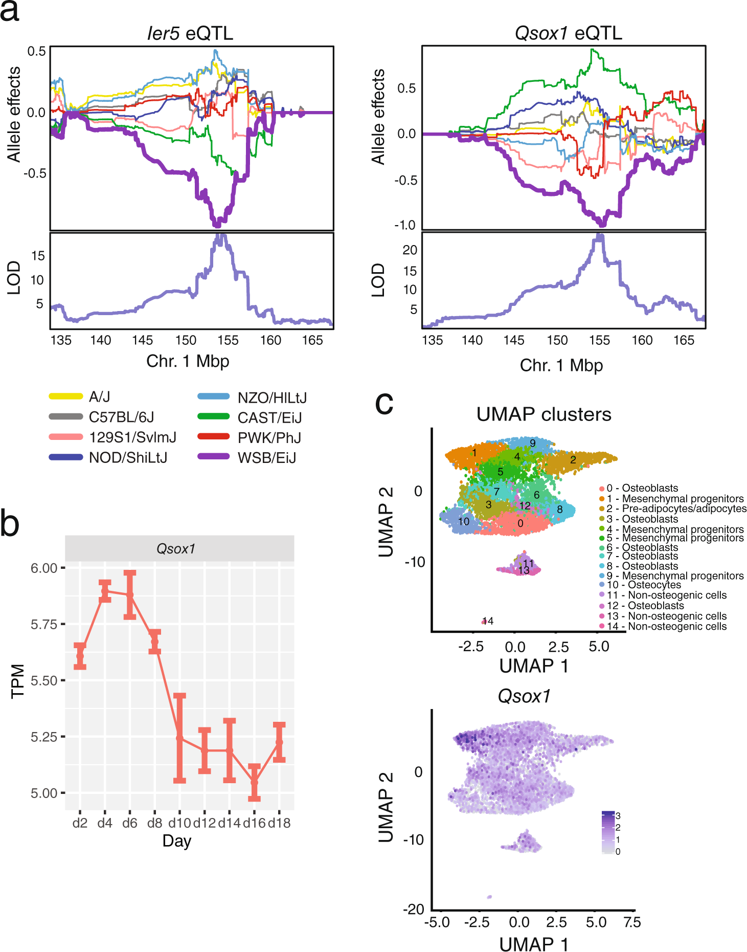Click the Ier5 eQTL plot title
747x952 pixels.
(x=190, y=33)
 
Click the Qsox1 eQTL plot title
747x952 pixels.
(x=568, y=33)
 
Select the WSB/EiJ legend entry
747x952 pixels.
(x=266, y=458)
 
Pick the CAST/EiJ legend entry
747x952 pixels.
(x=269, y=418)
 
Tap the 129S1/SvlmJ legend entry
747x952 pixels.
(x=132, y=437)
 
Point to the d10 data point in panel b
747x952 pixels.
(x=179, y=738)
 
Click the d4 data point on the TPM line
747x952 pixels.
(x=105, y=591)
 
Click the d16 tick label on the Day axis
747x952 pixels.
(x=254, y=823)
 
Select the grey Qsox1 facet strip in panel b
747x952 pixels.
(x=179, y=548)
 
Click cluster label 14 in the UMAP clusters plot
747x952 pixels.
(x=488, y=621)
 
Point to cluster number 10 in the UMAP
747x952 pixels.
(x=463, y=522)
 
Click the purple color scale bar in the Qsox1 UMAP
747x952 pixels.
(x=608, y=833)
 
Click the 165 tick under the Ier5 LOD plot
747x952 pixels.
(x=312, y=340)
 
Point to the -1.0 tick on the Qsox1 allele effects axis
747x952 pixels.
(x=404, y=225)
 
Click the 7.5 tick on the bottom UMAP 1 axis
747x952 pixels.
(x=632, y=922)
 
